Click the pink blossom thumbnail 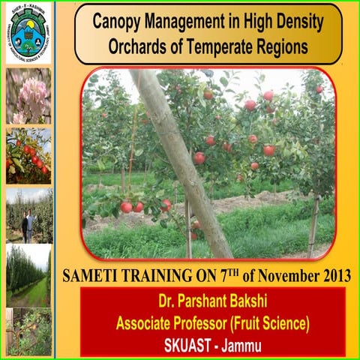tap(28, 96)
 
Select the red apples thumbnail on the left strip tap(28, 154)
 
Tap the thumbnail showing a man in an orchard tap(28, 214)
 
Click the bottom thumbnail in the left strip tap(28, 331)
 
